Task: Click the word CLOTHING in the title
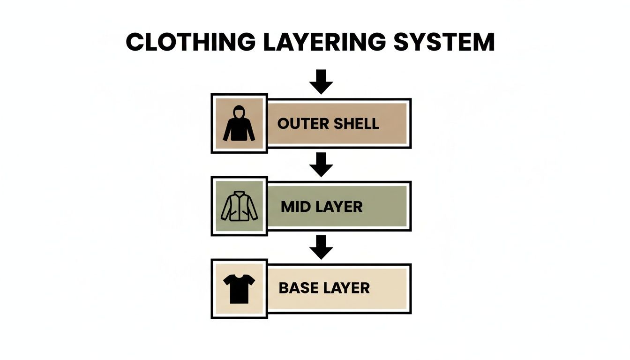coord(190,42)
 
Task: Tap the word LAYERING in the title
coord(323,42)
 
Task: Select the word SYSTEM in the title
coord(444,42)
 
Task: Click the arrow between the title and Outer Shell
coord(321,82)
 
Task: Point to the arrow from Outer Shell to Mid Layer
coord(321,164)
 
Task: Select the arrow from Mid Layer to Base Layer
coord(321,247)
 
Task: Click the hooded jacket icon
coord(239,124)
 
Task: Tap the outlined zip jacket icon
coord(239,206)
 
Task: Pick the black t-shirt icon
coord(239,288)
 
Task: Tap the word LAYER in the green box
coord(339,207)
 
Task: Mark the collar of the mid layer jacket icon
coord(239,193)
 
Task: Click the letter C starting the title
coord(135,42)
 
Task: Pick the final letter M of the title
coord(483,42)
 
